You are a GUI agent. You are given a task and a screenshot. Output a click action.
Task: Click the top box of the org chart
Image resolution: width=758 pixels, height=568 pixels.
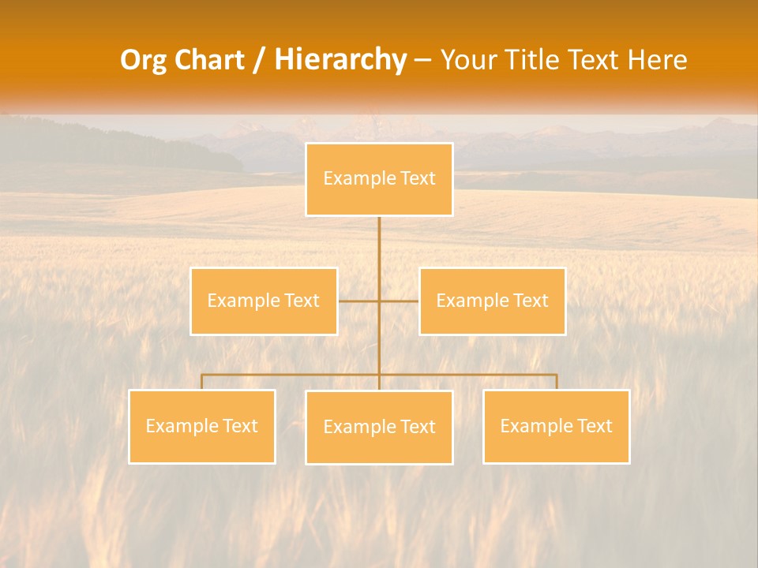click(x=379, y=179)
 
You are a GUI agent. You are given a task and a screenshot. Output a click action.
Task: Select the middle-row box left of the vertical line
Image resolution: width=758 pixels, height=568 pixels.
click(x=264, y=301)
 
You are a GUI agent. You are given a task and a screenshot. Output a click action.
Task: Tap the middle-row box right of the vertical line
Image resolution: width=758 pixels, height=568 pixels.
click(x=492, y=301)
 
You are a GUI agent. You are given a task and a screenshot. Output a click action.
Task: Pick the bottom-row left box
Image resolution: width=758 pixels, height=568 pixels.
click(x=201, y=427)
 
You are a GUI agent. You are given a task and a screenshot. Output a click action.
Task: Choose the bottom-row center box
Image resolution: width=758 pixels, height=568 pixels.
click(x=379, y=428)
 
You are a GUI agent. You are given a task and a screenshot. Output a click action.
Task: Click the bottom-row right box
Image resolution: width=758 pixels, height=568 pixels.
click(x=556, y=427)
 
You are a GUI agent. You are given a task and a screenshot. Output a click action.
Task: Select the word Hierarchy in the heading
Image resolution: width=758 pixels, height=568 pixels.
click(x=340, y=60)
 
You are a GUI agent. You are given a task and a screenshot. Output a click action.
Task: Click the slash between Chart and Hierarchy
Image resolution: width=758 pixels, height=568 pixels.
click(x=259, y=60)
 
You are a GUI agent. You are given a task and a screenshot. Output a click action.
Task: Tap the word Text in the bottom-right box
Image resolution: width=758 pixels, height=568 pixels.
click(x=594, y=427)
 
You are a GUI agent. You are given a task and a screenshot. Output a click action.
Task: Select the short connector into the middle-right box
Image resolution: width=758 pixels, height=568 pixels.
click(x=400, y=301)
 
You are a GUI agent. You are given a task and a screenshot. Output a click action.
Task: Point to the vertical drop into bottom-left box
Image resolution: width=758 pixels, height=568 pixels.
click(x=201, y=382)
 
